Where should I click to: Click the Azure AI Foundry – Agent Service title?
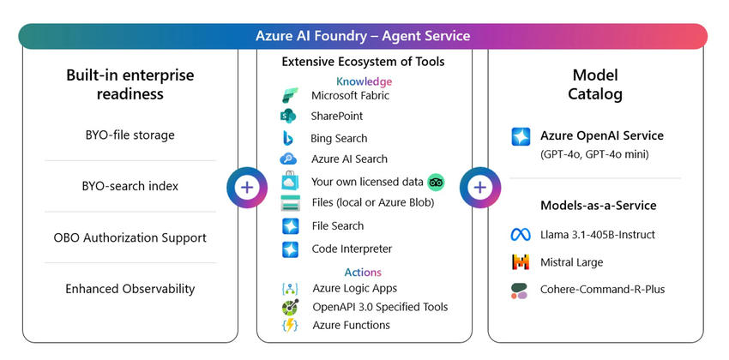click(x=363, y=36)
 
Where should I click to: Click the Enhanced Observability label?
click(x=130, y=289)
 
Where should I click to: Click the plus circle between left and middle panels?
click(x=247, y=187)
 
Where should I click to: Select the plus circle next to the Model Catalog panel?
click(x=479, y=187)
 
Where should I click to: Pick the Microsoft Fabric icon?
click(x=289, y=95)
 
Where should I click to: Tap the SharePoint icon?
click(x=288, y=116)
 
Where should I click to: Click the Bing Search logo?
click(x=289, y=138)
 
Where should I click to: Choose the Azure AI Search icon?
click(x=289, y=159)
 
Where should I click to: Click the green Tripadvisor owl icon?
click(x=436, y=182)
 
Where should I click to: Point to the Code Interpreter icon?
click(x=290, y=249)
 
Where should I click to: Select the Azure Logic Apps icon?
click(x=289, y=289)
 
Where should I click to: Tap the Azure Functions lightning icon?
click(x=289, y=325)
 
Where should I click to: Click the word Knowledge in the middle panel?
click(x=364, y=81)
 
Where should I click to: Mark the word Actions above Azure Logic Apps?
click(x=363, y=273)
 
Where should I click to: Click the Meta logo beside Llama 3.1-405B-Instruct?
click(x=521, y=235)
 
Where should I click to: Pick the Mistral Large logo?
click(x=521, y=262)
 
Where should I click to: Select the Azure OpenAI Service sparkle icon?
click(x=521, y=136)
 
